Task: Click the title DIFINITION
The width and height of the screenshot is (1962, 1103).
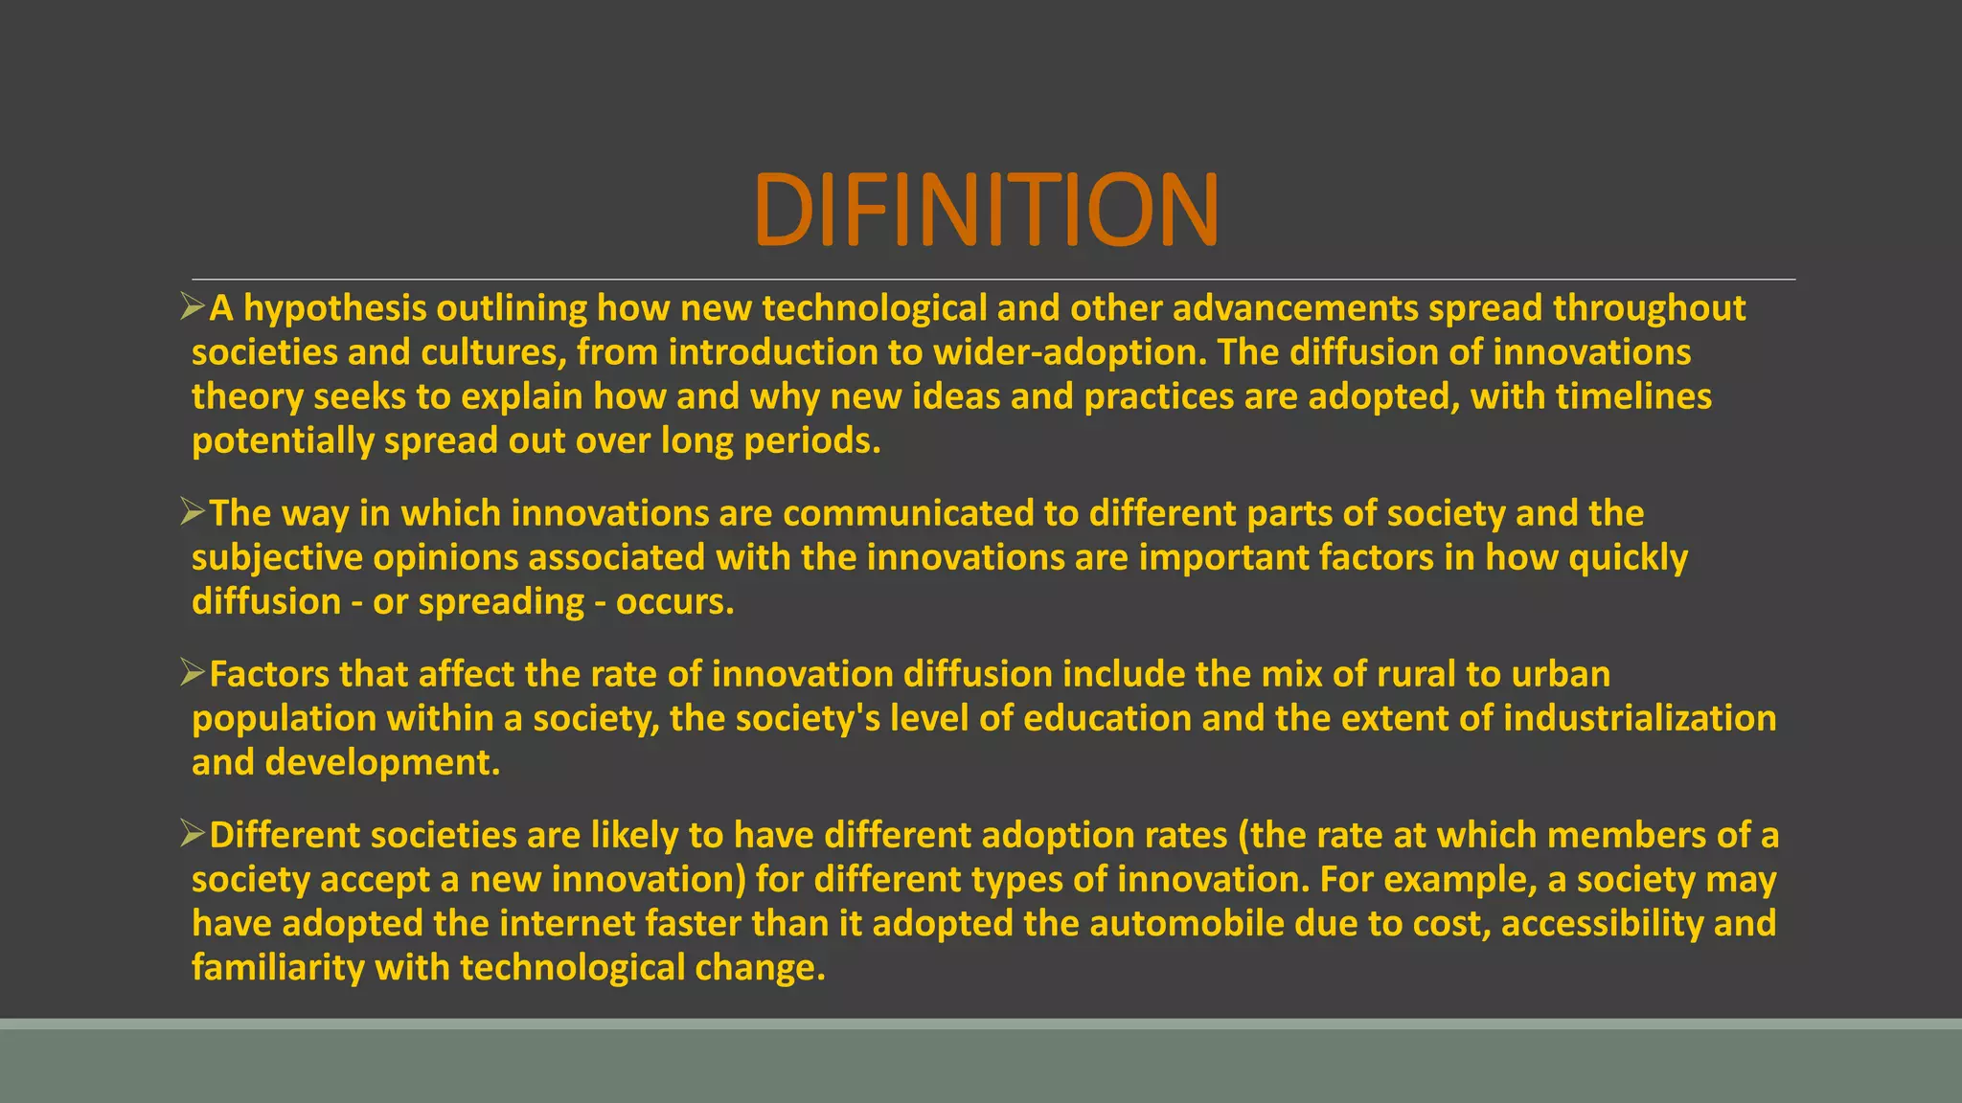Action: pyautogui.click(x=986, y=210)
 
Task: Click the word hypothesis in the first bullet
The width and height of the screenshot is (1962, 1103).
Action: pyautogui.click(x=335, y=308)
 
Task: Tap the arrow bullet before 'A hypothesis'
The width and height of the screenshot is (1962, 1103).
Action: pyautogui.click(x=193, y=307)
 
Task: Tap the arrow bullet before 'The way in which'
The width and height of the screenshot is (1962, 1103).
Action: pyautogui.click(x=193, y=512)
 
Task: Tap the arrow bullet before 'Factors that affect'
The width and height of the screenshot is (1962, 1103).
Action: pyautogui.click(x=193, y=673)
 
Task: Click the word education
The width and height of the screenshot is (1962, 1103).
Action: pyautogui.click(x=1106, y=718)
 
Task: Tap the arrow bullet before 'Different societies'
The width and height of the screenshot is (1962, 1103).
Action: pyautogui.click(x=193, y=834)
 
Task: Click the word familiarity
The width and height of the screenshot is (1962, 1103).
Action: pyautogui.click(x=278, y=967)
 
